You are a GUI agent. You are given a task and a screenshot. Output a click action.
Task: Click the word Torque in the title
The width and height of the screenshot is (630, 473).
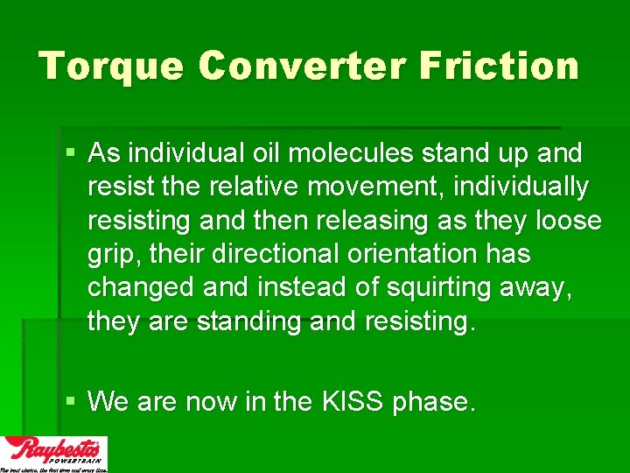[110, 67]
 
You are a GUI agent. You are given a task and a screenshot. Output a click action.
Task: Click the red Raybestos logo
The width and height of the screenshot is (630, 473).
[54, 452]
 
